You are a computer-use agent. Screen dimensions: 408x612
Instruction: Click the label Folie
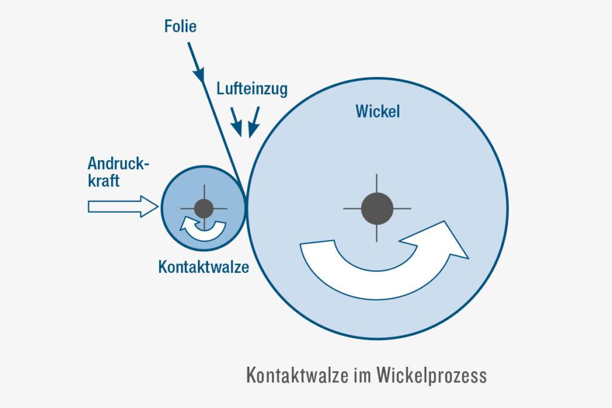pyautogui.click(x=180, y=26)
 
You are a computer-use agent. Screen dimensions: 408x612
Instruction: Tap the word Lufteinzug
pyautogui.click(x=252, y=90)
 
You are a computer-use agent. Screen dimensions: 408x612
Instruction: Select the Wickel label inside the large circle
pyautogui.click(x=377, y=112)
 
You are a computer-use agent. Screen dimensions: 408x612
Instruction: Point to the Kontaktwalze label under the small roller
pyautogui.click(x=203, y=266)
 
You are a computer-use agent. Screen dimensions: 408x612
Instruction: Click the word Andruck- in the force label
pyautogui.click(x=118, y=164)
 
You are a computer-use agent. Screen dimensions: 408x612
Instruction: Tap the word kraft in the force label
pyautogui.click(x=103, y=180)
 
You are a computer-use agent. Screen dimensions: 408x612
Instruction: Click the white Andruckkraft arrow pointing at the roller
pyautogui.click(x=123, y=207)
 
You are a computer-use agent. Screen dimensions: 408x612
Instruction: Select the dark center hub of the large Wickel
pyautogui.click(x=377, y=208)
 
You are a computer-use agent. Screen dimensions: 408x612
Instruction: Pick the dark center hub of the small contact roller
pyautogui.click(x=204, y=208)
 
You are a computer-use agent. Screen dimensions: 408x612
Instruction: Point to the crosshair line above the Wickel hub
pyautogui.click(x=377, y=183)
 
